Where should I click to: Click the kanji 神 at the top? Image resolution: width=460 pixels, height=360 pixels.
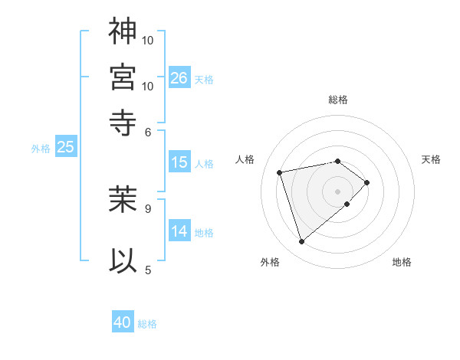[123, 31]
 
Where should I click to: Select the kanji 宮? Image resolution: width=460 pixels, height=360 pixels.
[123, 77]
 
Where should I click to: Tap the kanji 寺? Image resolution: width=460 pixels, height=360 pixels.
[123, 121]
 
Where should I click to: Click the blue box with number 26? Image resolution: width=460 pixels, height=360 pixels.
[179, 78]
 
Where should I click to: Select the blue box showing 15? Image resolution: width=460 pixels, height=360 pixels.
[179, 162]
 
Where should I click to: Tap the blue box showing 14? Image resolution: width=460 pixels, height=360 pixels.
[179, 231]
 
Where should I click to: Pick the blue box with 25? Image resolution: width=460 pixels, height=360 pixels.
[65, 148]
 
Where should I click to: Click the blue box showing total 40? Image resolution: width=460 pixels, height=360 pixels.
[123, 322]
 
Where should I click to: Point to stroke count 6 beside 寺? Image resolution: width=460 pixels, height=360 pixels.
[149, 131]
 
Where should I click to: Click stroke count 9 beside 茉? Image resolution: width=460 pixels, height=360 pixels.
[148, 207]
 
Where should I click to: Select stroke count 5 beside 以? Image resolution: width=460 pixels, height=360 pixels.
[148, 269]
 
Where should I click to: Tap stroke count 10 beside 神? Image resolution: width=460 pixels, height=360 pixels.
[148, 40]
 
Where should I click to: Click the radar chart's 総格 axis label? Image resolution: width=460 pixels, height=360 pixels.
[338, 100]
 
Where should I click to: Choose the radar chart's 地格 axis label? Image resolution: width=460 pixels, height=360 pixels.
[402, 262]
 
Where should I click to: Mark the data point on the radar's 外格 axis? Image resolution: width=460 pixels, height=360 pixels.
[301, 242]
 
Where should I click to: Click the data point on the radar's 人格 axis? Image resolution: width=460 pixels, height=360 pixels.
[280, 172]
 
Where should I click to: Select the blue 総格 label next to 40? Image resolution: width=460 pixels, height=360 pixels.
[147, 324]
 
